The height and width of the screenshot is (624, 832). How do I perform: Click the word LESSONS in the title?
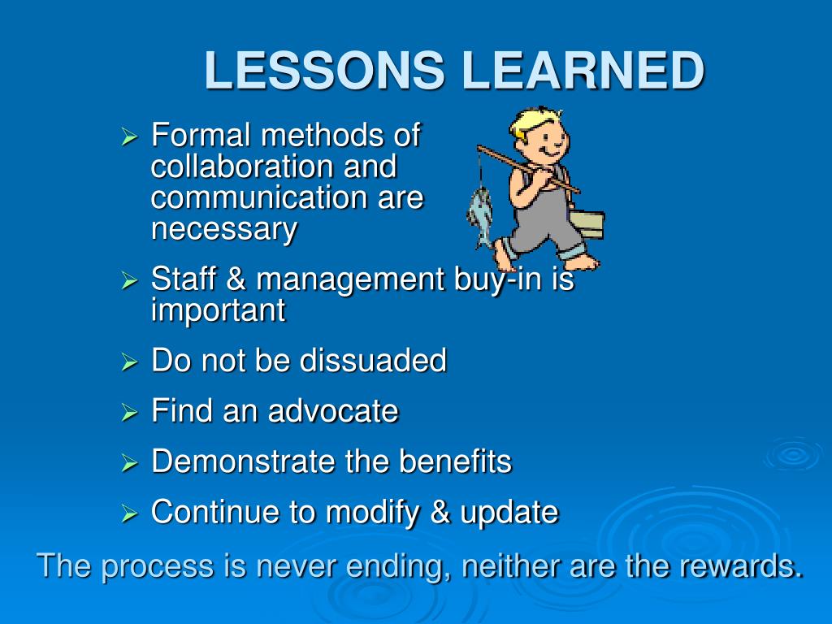(324, 70)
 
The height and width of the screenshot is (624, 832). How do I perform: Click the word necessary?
(224, 229)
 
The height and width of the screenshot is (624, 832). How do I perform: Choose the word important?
(219, 310)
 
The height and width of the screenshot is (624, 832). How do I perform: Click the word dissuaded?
(373, 360)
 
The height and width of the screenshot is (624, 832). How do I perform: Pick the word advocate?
(333, 410)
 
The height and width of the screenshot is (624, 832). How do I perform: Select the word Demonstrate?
(244, 461)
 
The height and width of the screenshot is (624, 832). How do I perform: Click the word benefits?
(455, 461)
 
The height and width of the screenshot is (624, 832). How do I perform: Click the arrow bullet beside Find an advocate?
(129, 412)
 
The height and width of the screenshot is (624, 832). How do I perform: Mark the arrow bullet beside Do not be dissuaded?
(129, 362)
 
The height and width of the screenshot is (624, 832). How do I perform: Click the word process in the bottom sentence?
(158, 566)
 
